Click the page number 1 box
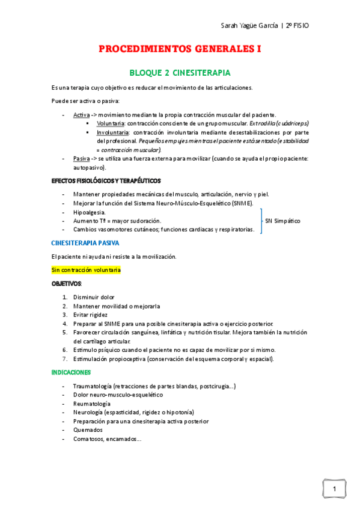334,488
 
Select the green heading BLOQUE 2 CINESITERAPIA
180,73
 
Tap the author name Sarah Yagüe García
248,25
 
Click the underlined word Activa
81,114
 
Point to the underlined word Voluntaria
111,123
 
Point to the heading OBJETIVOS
66,283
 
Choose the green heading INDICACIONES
71,373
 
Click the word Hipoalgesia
89,212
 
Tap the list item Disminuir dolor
93,297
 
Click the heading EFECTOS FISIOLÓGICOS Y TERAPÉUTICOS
106,180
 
